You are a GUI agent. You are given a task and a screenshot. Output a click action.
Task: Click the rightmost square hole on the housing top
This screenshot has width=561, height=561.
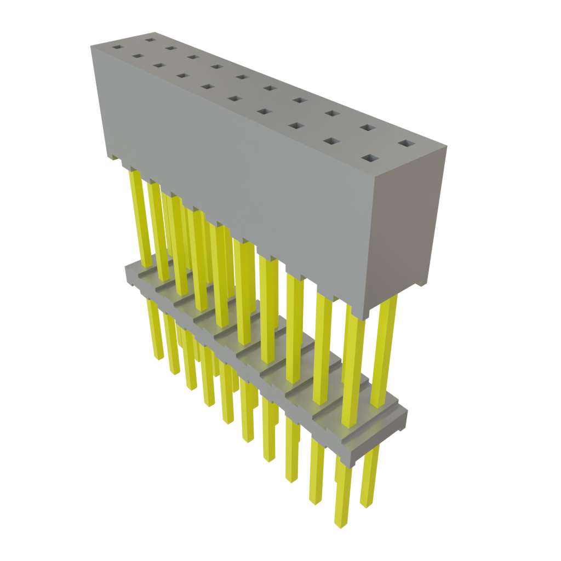[x=407, y=143]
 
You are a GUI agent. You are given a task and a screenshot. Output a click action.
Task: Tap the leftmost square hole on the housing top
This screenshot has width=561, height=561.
[x=116, y=47]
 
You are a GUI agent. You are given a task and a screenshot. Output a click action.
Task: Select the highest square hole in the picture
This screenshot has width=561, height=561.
[x=149, y=39]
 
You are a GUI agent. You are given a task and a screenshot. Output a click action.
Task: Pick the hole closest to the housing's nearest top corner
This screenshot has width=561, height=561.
[x=370, y=159]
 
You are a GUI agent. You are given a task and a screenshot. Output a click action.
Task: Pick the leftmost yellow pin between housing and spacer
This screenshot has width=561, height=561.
[x=139, y=219]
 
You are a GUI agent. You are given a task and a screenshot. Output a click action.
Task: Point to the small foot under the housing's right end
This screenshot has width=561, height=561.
[x=421, y=282]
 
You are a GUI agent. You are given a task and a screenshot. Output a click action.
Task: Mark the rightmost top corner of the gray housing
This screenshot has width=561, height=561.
[x=446, y=146]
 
